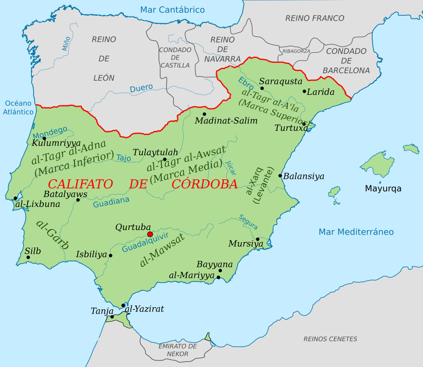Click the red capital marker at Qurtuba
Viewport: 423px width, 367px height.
coord(150,235)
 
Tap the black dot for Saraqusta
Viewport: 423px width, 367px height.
coord(262,88)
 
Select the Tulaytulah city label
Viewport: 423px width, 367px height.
coord(155,152)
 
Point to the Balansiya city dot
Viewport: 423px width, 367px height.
coord(280,176)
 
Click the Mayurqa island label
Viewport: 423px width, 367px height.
coord(383,189)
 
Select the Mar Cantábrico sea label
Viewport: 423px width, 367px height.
coord(172,10)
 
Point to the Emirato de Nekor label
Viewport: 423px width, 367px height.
coord(178,350)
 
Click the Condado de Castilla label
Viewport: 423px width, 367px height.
coord(175,58)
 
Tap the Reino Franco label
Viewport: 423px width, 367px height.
coord(315,18)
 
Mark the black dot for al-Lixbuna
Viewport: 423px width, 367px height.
coord(16,198)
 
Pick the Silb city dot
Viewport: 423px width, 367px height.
coord(28,257)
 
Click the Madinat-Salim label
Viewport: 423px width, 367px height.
coord(226,121)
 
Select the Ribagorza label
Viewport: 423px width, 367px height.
coord(296,51)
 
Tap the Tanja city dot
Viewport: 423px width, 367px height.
coord(112,317)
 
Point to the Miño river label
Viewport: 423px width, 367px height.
coord(66,43)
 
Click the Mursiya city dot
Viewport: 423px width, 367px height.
coord(257,239)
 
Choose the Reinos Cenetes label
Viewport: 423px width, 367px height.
coord(330,339)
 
